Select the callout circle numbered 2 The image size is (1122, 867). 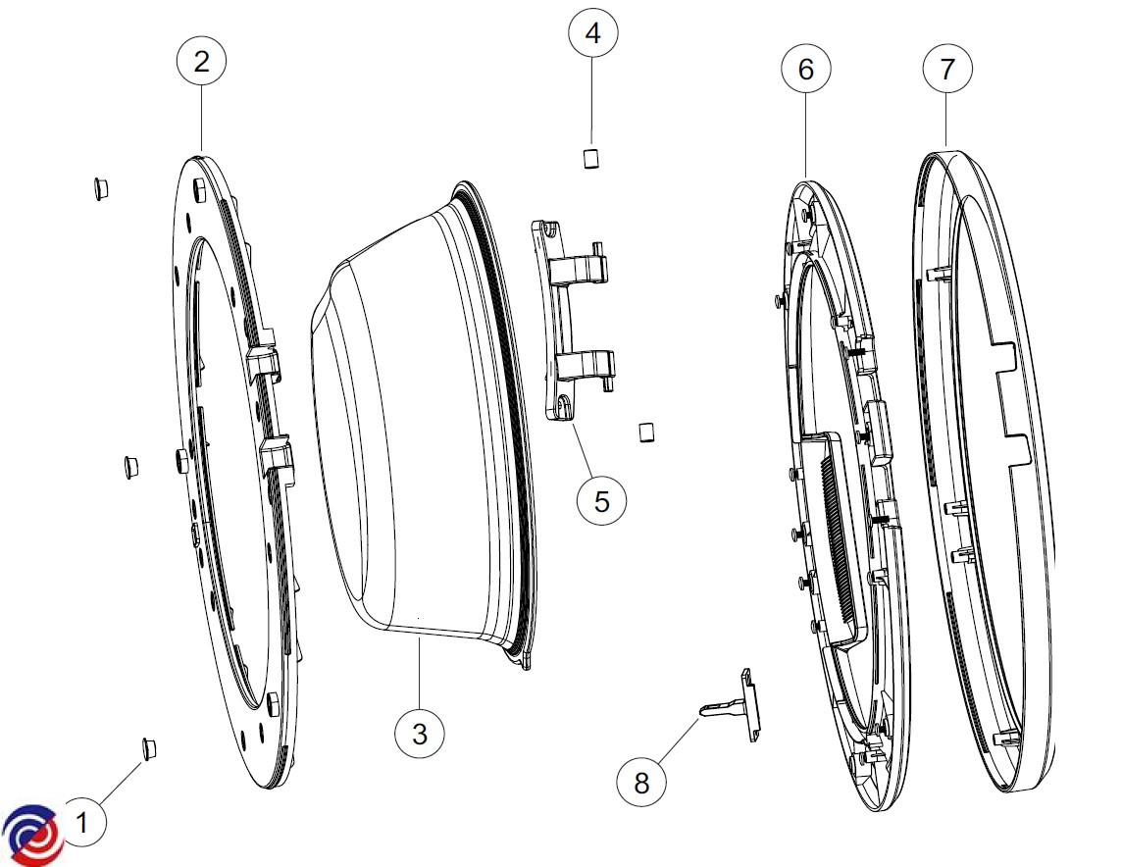[x=201, y=61]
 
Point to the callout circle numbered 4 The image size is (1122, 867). [x=592, y=33]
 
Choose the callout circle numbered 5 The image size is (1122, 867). [x=601, y=500]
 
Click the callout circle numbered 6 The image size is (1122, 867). [x=805, y=69]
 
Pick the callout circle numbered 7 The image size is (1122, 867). [x=947, y=69]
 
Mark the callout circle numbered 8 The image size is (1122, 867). [x=641, y=782]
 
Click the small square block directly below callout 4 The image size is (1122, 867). [x=591, y=158]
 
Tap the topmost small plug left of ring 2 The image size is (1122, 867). [x=100, y=187]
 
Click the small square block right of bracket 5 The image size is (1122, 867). [x=645, y=432]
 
